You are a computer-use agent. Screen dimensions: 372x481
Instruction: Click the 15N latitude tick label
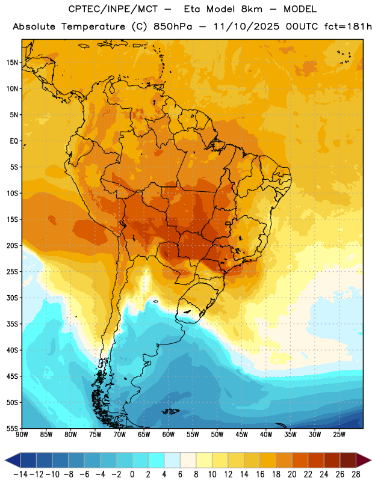(x=12, y=63)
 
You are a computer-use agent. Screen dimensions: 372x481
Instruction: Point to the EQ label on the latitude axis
(x=14, y=141)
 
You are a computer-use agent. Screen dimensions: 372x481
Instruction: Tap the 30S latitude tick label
(x=12, y=298)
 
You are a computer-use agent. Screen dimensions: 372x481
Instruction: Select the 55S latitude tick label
(x=12, y=428)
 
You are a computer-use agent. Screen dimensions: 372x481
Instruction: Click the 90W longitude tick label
(x=22, y=435)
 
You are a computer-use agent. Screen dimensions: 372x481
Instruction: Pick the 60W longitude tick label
(x=169, y=435)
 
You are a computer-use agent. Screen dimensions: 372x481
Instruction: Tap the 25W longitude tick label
(x=339, y=435)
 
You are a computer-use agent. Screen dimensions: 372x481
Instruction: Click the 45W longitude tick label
(x=241, y=435)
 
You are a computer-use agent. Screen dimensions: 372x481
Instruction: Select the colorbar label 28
(x=356, y=474)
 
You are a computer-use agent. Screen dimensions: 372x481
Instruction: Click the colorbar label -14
(x=20, y=474)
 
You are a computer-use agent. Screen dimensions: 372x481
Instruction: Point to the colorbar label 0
(x=132, y=474)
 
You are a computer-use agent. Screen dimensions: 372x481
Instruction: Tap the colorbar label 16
(x=260, y=474)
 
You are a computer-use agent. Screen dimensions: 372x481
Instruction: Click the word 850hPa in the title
(x=173, y=26)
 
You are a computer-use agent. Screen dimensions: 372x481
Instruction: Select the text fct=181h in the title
(x=348, y=26)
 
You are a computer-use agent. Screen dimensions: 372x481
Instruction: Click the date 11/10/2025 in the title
(x=246, y=26)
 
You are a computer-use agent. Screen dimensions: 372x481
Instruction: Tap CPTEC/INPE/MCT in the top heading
(x=113, y=9)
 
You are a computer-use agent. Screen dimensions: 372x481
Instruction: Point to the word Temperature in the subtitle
(x=93, y=27)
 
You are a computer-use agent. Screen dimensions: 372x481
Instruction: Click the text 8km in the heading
(x=252, y=9)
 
